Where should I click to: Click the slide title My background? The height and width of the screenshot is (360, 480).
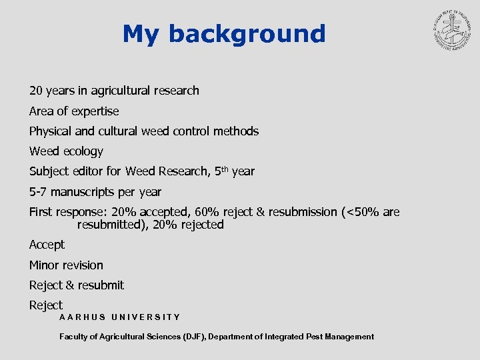(x=224, y=33)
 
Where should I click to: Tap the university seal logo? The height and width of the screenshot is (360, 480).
(x=451, y=34)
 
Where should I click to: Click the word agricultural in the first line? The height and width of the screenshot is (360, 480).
(x=125, y=91)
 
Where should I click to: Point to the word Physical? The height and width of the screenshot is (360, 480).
(x=53, y=131)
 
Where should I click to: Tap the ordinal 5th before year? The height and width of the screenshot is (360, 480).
(x=222, y=171)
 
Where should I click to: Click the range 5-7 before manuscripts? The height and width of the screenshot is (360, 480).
(x=39, y=192)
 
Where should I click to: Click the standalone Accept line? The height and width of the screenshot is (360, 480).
(x=47, y=245)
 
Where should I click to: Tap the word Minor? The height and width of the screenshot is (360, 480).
(x=45, y=265)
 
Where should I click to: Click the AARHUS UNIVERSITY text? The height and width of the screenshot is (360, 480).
(x=119, y=317)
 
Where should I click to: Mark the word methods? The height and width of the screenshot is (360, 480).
(x=235, y=131)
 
